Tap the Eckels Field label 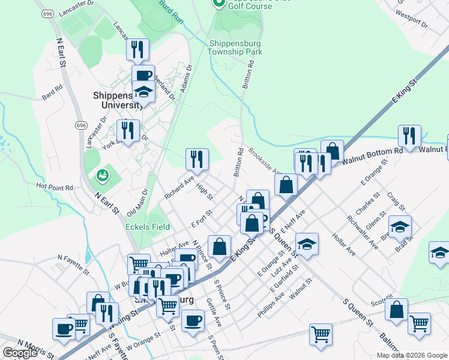tap(147, 227)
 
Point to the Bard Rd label tap(52, 92)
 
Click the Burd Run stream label tap(171, 11)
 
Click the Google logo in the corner tap(20, 353)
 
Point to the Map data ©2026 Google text tap(411, 355)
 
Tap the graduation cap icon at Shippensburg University tap(144, 93)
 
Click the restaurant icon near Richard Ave tap(197, 159)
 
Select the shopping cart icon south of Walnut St tap(321, 334)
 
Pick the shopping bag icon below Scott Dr tap(396, 310)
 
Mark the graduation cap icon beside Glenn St tap(400, 227)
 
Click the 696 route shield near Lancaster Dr tap(46, 13)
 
